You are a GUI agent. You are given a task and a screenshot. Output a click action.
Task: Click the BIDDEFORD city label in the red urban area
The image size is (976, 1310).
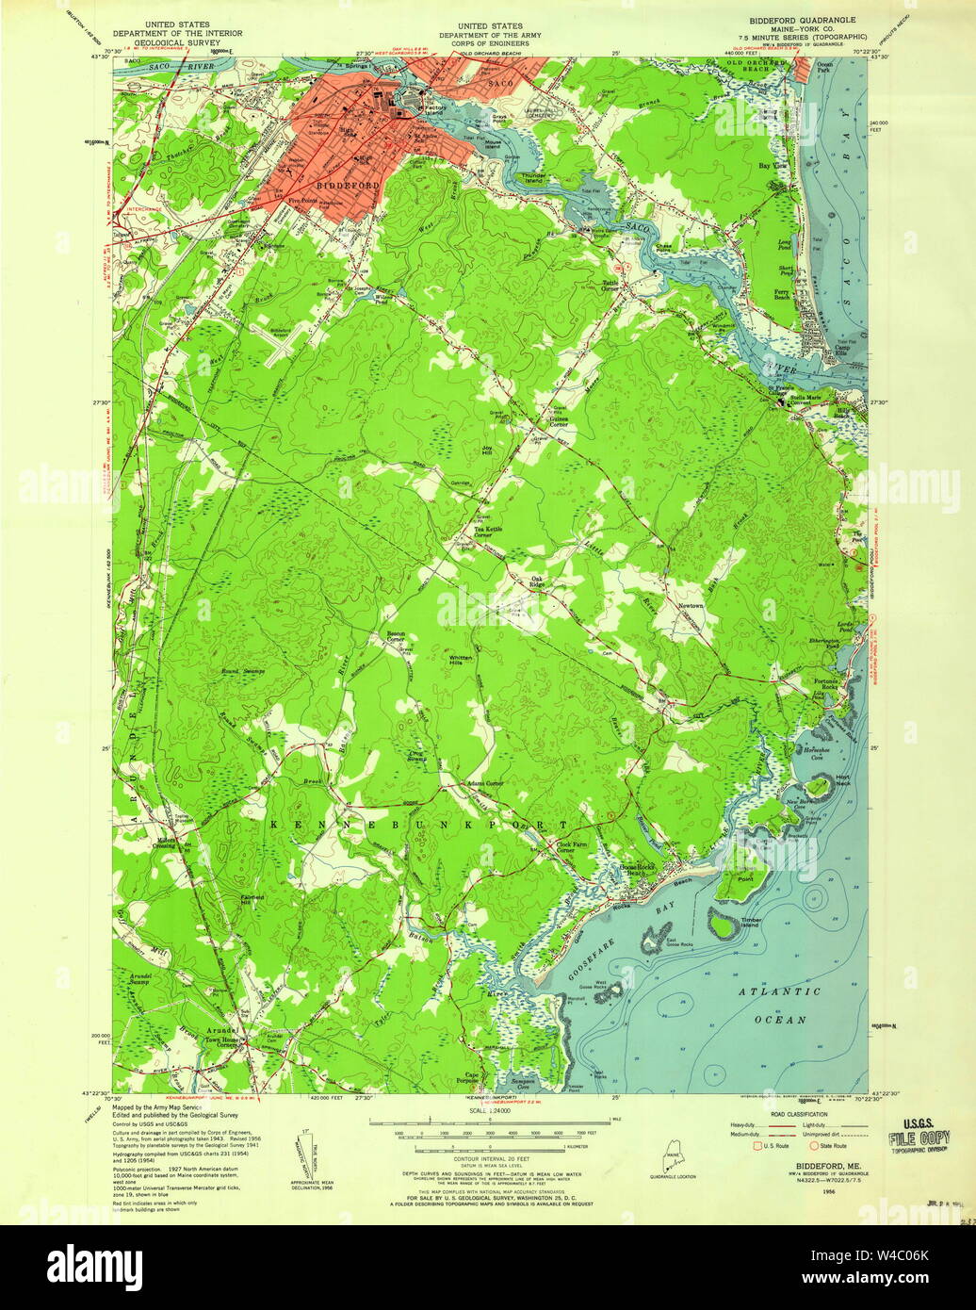349,187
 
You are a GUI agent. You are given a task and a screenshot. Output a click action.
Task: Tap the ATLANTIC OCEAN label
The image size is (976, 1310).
779,1006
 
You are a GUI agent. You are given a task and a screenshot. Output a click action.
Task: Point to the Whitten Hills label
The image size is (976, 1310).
462,661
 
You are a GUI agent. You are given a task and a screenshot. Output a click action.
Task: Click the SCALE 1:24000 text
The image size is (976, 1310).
491,1111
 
